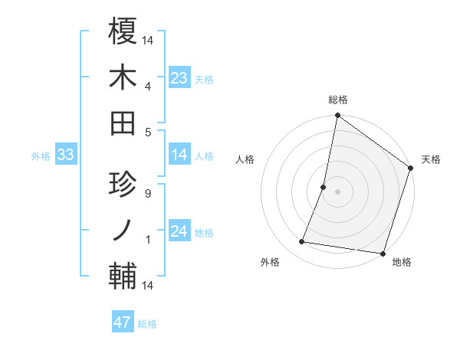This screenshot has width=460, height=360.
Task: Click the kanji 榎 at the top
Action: coord(123,31)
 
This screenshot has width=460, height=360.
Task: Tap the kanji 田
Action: coord(123,123)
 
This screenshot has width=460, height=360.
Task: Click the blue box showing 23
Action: coord(179,78)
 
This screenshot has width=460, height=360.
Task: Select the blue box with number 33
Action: coord(65,155)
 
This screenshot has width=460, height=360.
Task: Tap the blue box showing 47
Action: coord(122,322)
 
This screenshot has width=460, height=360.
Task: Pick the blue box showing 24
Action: coord(179,231)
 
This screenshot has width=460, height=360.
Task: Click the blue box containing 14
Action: coord(179,155)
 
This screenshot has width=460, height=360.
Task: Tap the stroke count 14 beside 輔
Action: coord(148,286)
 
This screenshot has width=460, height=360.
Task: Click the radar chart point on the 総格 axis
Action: coord(337,116)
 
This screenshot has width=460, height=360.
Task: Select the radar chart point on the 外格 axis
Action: coord(302,242)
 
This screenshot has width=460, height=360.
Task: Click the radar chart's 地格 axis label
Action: coord(402,262)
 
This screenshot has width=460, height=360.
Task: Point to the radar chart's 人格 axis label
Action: coord(245,159)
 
